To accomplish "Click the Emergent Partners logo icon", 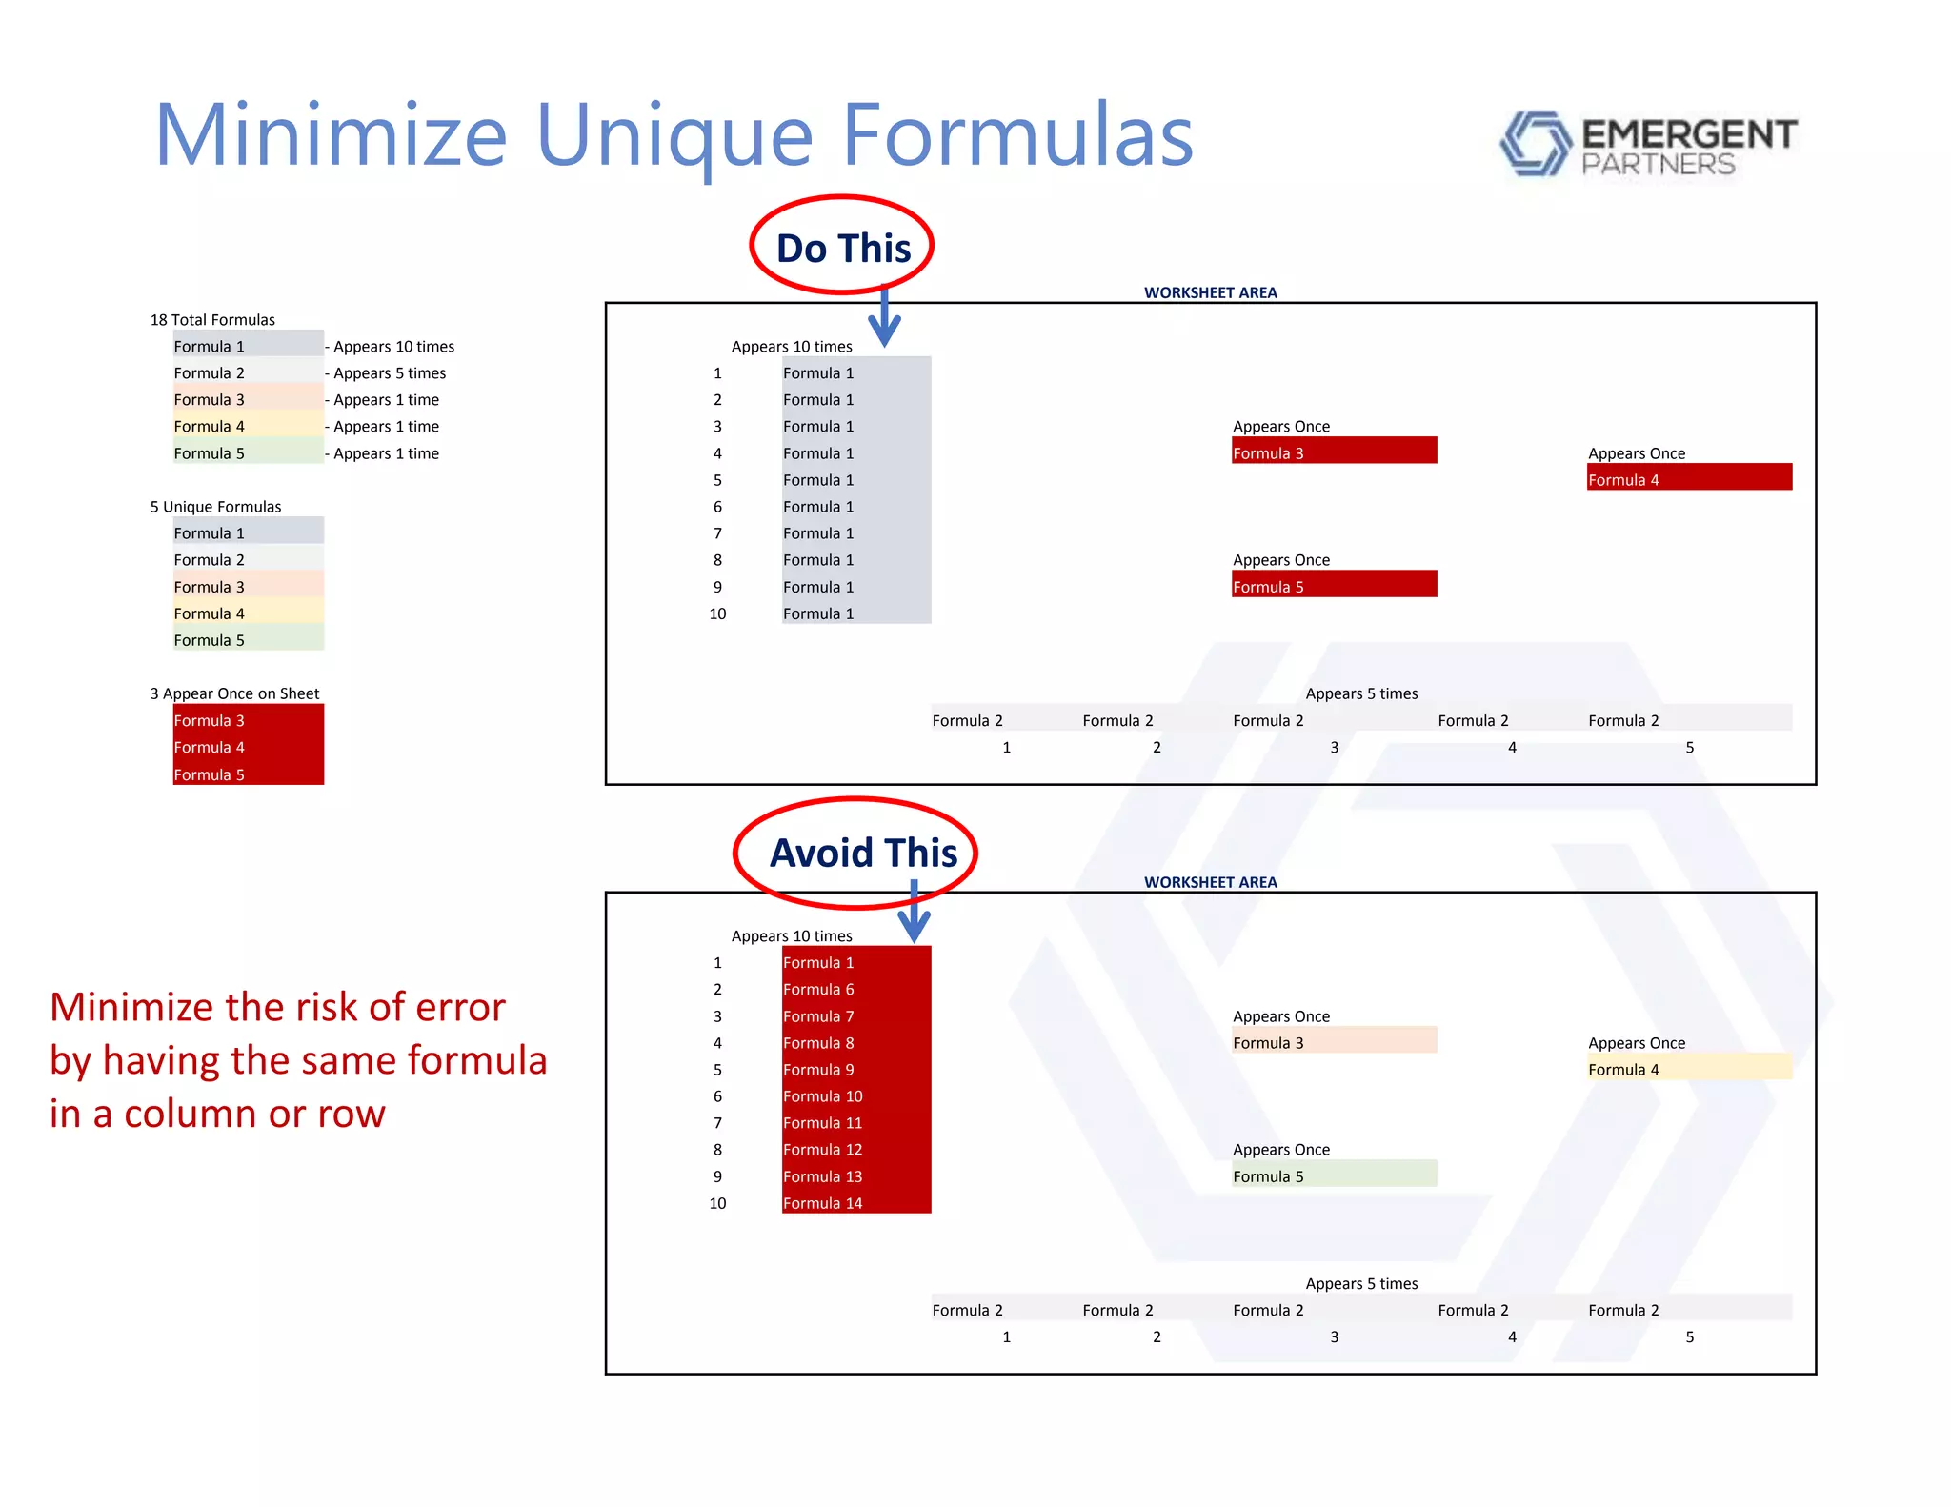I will coord(1535,144).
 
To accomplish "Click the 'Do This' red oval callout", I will coord(842,246).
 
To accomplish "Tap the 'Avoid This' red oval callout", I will coord(855,852).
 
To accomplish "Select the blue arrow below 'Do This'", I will coord(885,320).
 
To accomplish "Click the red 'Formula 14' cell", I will coord(855,1202).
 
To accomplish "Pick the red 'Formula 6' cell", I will coord(855,989).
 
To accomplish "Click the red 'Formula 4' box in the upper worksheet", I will coord(1688,478).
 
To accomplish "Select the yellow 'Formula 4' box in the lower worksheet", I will coord(1688,1068).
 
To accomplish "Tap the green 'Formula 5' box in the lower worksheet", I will coord(1333,1175).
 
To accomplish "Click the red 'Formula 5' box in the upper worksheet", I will coord(1333,585).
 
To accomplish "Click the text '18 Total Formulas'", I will coord(212,319).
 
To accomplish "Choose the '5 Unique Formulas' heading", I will coord(215,506).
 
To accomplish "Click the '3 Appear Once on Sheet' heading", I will coord(234,693).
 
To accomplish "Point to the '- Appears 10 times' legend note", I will coord(391,346).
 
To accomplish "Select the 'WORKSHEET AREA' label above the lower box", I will coord(1210,881).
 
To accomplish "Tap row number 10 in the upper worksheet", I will coord(717,613).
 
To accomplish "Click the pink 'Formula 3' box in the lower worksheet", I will coord(1333,1041).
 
